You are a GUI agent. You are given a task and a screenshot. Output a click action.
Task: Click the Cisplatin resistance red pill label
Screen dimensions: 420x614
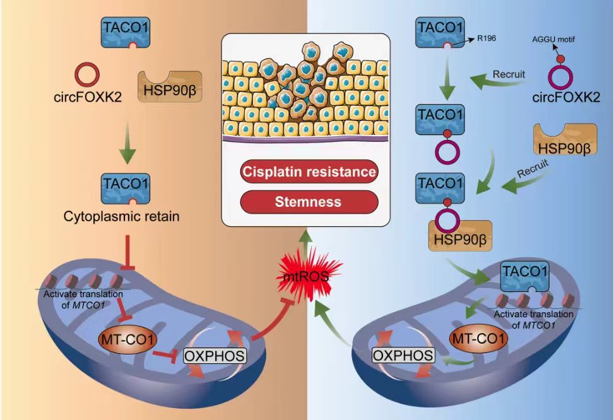point(308,172)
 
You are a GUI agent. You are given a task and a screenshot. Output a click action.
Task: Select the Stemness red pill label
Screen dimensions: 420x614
point(308,202)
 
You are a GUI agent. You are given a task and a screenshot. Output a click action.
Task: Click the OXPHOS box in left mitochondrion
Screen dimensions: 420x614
point(214,356)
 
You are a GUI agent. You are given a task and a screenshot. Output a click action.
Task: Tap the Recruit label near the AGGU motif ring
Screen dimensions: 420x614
point(510,75)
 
